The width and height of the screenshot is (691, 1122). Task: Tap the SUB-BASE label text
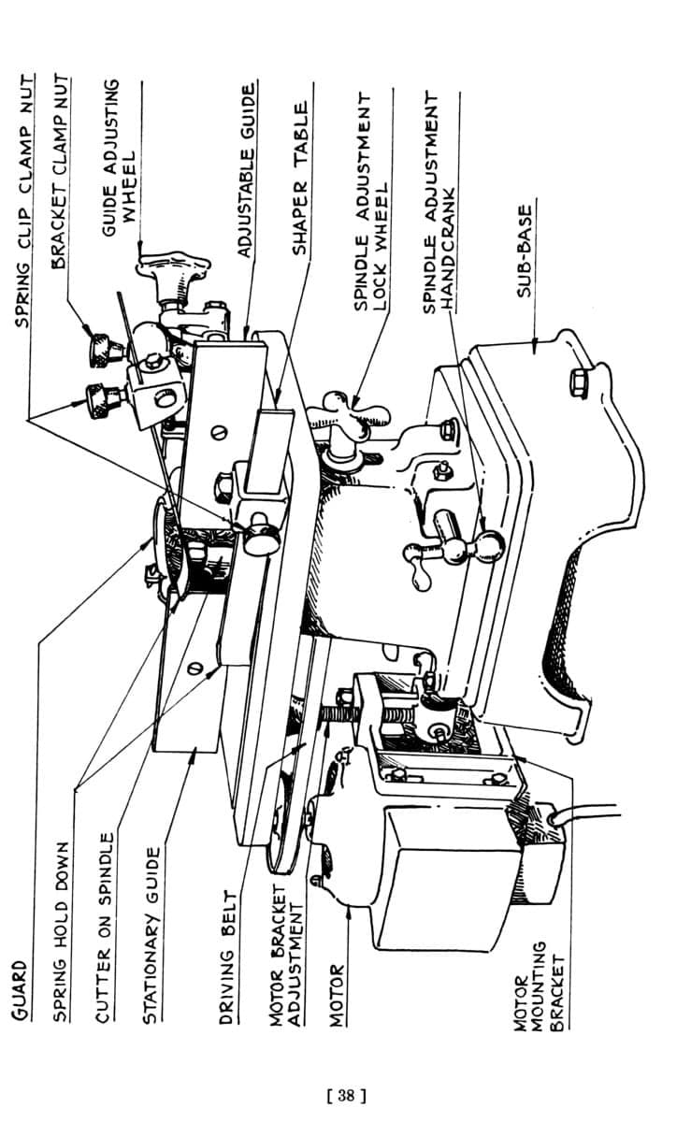click(x=525, y=251)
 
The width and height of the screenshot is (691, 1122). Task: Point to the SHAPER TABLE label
click(x=299, y=179)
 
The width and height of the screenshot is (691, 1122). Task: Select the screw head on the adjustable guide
click(x=220, y=432)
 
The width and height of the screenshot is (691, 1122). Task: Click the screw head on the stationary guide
click(x=196, y=668)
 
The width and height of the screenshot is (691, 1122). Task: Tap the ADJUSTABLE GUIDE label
click(x=246, y=170)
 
